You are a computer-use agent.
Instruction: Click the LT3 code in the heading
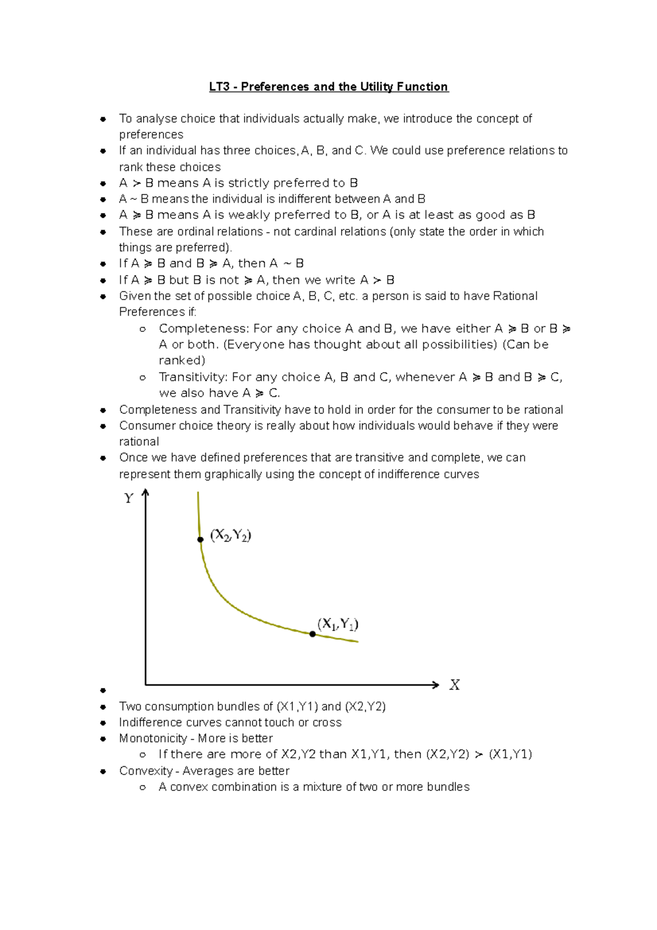[219, 87]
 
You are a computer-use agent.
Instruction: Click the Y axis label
[129, 498]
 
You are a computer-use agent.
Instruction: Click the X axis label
[454, 685]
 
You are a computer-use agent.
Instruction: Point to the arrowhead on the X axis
[436, 685]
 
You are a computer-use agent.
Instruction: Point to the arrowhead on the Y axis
[145, 493]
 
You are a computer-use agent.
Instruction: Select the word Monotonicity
[153, 738]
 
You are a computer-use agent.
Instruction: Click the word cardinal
[314, 232]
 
